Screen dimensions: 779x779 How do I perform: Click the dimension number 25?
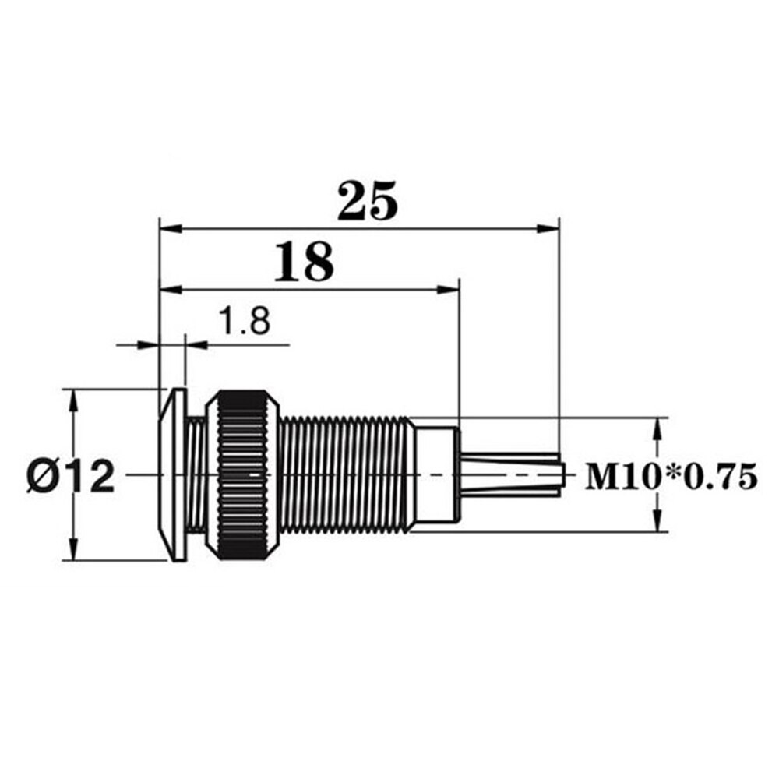368,201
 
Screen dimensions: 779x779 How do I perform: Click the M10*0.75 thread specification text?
671,476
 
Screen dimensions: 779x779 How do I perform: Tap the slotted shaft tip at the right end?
511,474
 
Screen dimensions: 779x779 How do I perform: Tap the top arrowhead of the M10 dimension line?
658,427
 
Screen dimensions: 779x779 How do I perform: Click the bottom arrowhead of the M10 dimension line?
658,523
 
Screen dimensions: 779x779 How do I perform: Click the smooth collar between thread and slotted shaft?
435,474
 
